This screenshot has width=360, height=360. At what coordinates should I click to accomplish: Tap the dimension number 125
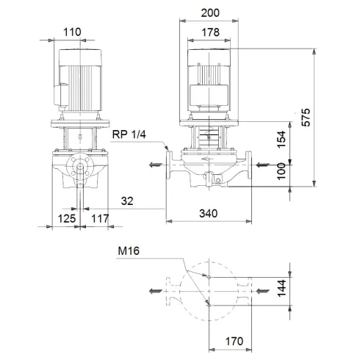[x=68, y=218]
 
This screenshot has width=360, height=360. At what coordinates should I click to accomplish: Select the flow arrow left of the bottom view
[x=155, y=291]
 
